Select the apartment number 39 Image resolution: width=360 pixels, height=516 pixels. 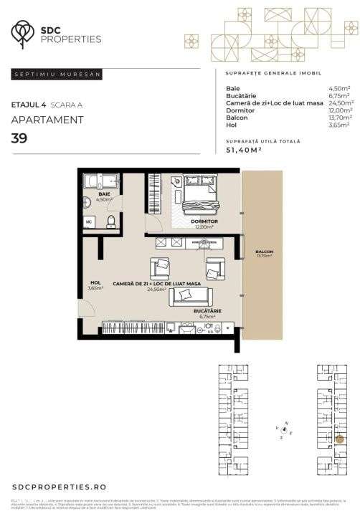(19, 138)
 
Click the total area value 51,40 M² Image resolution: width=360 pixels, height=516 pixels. (244, 150)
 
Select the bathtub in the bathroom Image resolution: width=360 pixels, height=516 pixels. (101, 180)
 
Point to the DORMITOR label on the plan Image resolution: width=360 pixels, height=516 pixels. (204, 221)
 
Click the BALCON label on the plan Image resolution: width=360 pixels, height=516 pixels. (264, 252)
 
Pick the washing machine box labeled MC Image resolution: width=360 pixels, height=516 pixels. (89, 221)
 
